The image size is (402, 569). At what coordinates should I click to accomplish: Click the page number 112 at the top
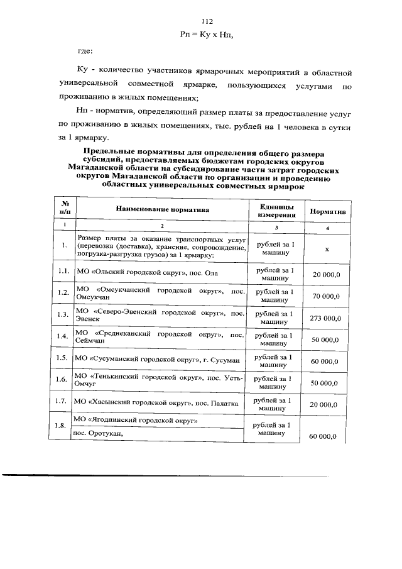point(200,22)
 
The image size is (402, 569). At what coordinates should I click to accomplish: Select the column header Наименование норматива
point(161,209)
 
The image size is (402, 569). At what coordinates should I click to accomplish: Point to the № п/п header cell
point(63,209)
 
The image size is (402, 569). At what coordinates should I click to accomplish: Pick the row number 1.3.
point(63,314)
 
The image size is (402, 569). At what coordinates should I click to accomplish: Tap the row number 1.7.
point(63,401)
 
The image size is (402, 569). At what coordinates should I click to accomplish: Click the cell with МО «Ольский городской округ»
point(149,270)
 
